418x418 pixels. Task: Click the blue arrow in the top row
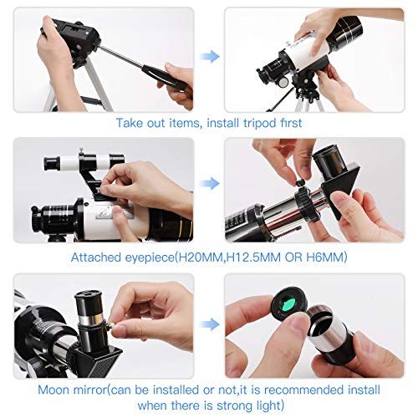point(210,56)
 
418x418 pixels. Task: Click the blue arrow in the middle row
point(210,183)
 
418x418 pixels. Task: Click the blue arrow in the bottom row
point(210,324)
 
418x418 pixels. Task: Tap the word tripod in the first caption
point(260,124)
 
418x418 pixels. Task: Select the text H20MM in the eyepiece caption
point(200,257)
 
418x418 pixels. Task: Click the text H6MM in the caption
point(325,257)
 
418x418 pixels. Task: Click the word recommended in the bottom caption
point(303,390)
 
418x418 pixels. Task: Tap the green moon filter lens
point(288,303)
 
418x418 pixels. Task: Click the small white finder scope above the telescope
point(84,162)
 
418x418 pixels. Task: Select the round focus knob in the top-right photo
point(283,81)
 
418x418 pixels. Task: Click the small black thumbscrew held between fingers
point(299,183)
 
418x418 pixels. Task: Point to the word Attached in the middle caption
point(95,257)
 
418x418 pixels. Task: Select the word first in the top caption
point(291,123)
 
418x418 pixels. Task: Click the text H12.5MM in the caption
point(253,257)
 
